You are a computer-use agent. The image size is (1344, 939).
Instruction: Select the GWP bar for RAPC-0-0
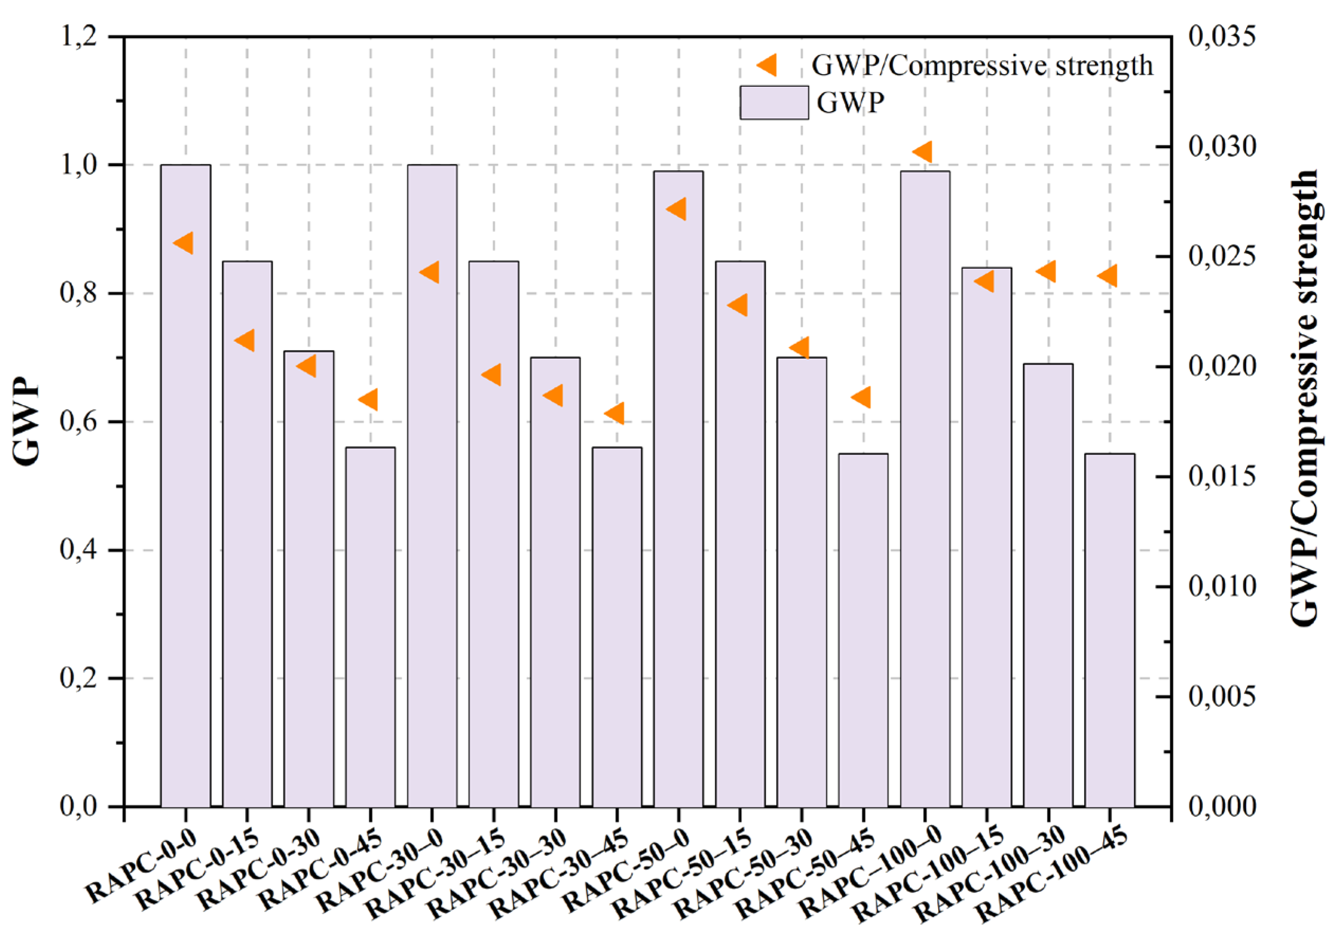[186, 486]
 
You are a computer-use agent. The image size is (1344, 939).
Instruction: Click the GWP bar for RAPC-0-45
[370, 626]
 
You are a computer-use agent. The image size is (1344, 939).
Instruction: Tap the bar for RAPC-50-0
[678, 489]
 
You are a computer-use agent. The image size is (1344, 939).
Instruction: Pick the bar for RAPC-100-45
[1110, 630]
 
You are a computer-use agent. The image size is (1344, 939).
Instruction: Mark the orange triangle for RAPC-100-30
[1047, 271]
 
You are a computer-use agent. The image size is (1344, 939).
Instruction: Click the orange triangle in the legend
[767, 65]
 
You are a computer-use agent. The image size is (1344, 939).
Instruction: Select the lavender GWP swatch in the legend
[774, 103]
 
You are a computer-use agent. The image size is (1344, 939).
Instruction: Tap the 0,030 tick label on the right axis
[1222, 147]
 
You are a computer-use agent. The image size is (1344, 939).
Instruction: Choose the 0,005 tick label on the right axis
[1222, 697]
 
